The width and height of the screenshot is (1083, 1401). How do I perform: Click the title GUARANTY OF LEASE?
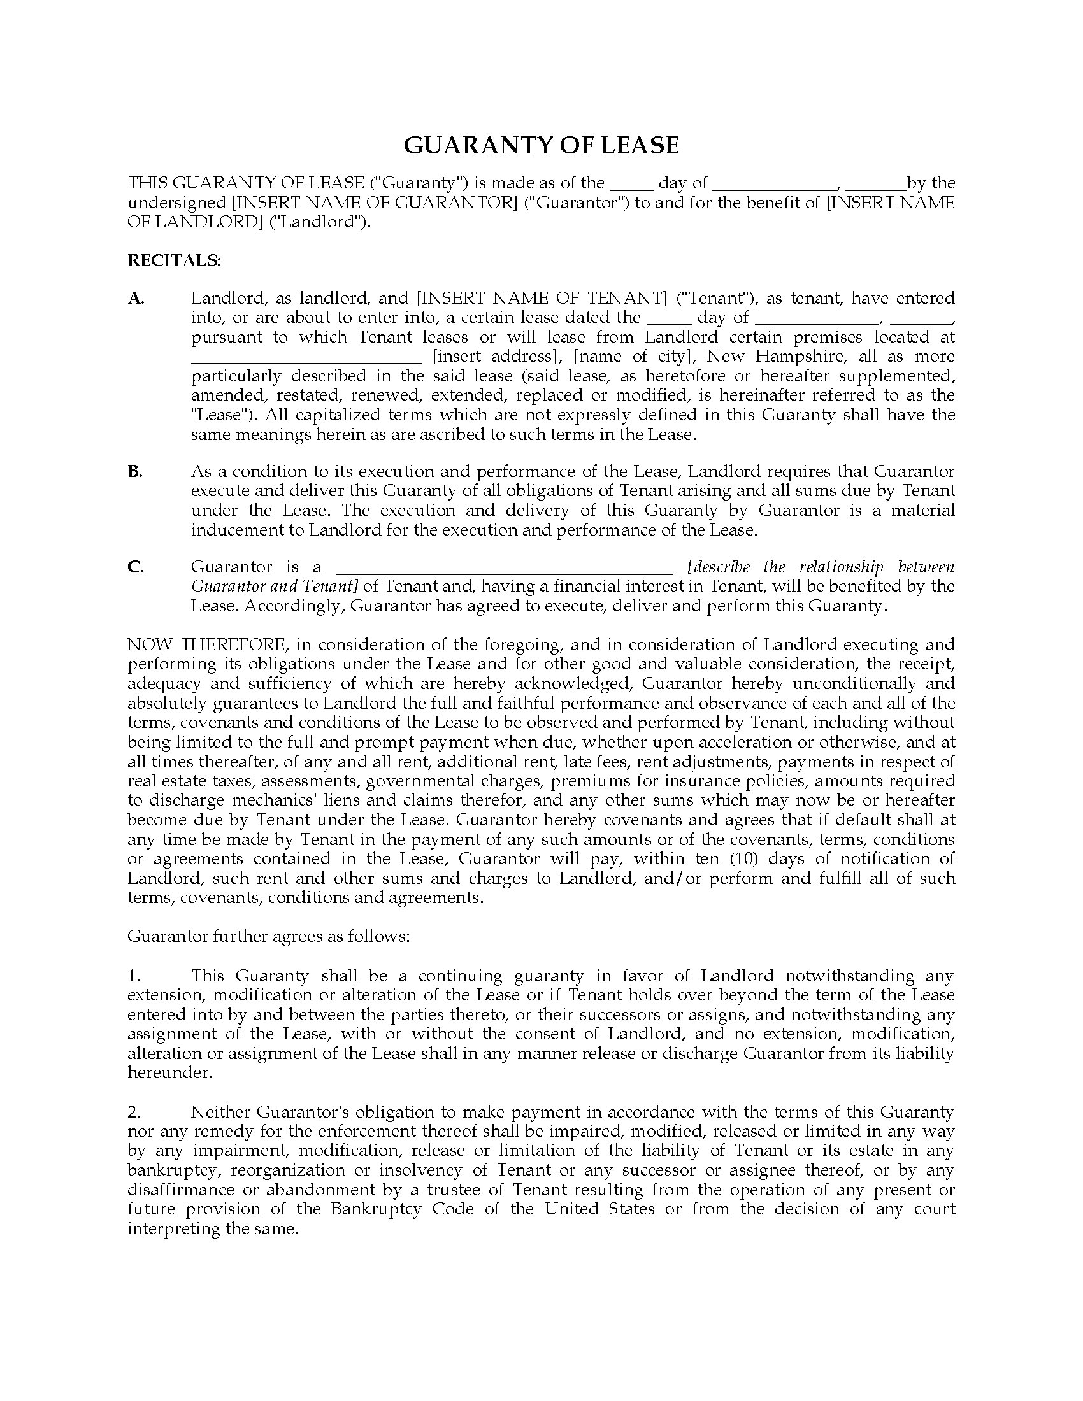pyautogui.click(x=541, y=146)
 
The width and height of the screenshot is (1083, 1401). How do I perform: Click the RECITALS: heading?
pyautogui.click(x=174, y=260)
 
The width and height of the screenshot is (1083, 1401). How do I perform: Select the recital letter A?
pyautogui.click(x=136, y=298)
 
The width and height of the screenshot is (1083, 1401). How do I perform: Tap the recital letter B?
pyautogui.click(x=134, y=471)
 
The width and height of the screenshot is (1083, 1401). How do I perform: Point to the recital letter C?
pyautogui.click(x=135, y=567)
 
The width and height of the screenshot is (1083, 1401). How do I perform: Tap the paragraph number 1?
pyautogui.click(x=133, y=976)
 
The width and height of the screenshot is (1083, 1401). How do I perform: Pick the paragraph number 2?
pyautogui.click(x=133, y=1112)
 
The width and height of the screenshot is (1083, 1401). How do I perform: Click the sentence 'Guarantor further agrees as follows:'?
pyautogui.click(x=268, y=937)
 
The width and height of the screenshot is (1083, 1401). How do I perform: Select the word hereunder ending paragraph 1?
pyautogui.click(x=169, y=1072)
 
